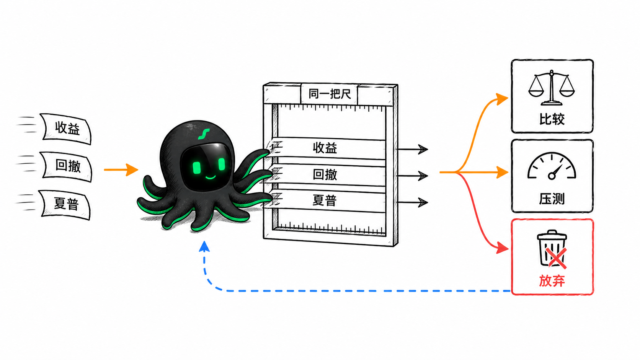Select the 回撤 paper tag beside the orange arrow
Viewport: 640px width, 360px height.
coord(67,166)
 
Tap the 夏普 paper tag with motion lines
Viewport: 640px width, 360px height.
coord(66,204)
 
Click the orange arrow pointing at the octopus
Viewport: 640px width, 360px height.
coord(121,169)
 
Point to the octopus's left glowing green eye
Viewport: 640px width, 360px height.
coord(197,168)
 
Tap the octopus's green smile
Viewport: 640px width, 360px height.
coord(211,178)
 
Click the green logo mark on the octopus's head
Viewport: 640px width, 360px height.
coord(204,134)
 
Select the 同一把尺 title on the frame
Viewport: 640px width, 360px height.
coord(330,94)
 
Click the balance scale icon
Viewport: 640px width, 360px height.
coord(552,88)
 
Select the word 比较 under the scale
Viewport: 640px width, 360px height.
coord(552,119)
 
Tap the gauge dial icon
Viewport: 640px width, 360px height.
coord(552,166)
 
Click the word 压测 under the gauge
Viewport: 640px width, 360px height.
coord(552,199)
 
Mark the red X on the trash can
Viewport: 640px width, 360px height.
coord(556,258)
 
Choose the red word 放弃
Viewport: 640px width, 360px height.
coord(552,281)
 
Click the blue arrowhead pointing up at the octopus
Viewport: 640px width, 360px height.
coord(204,246)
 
